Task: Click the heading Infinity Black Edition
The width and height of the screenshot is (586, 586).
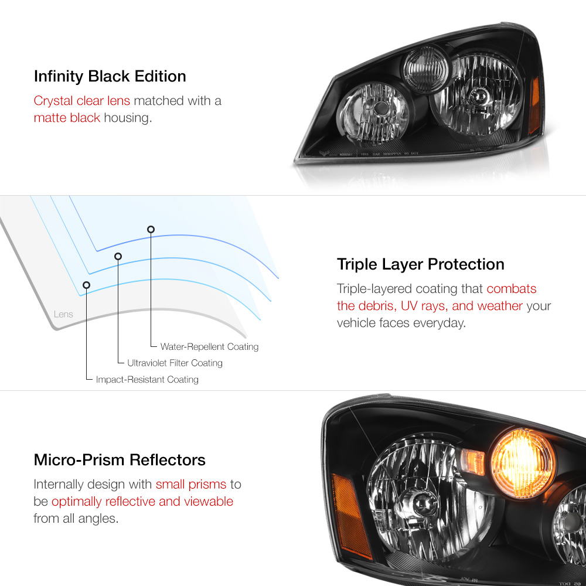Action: [x=110, y=76]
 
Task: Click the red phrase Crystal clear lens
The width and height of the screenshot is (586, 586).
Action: [x=81, y=101]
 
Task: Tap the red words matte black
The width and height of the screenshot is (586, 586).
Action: [x=67, y=118]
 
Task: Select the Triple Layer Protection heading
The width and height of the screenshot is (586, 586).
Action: [x=420, y=264]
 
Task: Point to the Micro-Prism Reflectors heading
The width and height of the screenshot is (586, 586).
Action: [x=120, y=459]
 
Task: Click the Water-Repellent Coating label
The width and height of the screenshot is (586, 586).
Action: [x=209, y=347]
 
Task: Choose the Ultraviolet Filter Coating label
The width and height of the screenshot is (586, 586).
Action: [x=175, y=363]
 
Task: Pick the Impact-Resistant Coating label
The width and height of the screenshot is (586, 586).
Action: [x=147, y=380]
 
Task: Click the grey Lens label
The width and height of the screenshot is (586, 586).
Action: [x=63, y=314]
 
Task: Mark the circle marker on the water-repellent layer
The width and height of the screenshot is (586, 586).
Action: [x=151, y=229]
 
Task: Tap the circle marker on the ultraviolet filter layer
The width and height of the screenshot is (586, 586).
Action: [x=118, y=256]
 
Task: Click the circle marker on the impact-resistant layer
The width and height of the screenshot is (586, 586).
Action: [x=87, y=285]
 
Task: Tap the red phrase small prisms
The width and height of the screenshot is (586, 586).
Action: [x=190, y=485]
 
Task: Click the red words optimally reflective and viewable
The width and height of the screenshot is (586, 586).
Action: [x=142, y=502]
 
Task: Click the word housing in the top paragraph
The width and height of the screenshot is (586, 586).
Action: [x=127, y=118]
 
